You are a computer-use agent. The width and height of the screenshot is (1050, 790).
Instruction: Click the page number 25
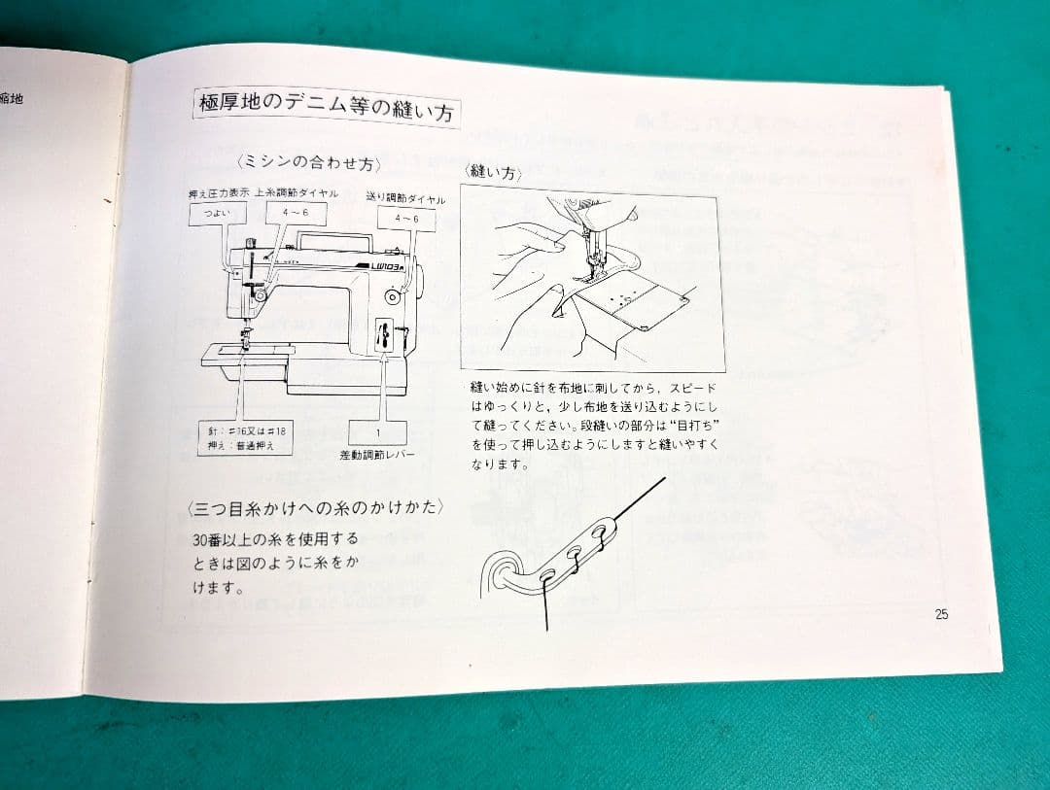tap(940, 613)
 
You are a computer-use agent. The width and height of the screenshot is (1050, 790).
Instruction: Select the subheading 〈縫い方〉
tap(494, 173)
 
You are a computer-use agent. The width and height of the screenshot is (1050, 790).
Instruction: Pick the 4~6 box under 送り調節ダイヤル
tap(405, 220)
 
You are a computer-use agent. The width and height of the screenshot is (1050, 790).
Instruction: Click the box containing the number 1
tap(377, 431)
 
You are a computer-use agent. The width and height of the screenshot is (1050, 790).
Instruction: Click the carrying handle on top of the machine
tap(334, 237)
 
